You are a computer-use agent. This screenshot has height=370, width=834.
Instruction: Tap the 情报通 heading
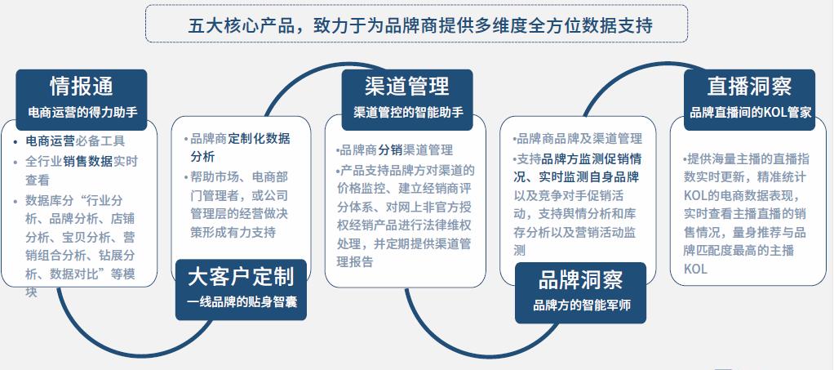(x=82, y=87)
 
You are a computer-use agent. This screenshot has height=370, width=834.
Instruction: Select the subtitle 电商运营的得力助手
(x=82, y=113)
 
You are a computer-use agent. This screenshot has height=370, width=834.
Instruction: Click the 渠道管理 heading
(x=407, y=87)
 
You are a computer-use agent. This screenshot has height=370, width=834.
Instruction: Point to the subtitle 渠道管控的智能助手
(x=408, y=113)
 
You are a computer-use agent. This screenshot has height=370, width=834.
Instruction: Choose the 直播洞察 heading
(x=749, y=87)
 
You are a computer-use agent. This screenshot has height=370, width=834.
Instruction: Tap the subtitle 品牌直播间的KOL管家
(x=750, y=113)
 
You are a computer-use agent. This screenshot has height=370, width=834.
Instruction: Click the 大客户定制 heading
(x=241, y=277)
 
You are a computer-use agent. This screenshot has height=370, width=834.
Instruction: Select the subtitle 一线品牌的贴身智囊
(x=242, y=302)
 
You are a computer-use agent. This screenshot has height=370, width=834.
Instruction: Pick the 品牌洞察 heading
(x=580, y=280)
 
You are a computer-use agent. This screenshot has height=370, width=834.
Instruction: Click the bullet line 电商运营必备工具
(x=75, y=141)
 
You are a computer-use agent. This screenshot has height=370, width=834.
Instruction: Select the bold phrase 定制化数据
(x=259, y=139)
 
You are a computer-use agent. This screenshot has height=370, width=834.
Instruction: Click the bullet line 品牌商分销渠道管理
(x=396, y=150)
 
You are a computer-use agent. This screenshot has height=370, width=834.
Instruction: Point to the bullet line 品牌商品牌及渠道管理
(x=579, y=139)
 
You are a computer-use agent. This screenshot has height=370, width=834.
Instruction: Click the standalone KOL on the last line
(x=696, y=270)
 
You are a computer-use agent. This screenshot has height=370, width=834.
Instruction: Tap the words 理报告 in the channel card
(x=355, y=262)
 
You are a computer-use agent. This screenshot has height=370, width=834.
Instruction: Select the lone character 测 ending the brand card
(x=520, y=251)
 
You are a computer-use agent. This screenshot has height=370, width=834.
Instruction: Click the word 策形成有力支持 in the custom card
(x=233, y=233)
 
